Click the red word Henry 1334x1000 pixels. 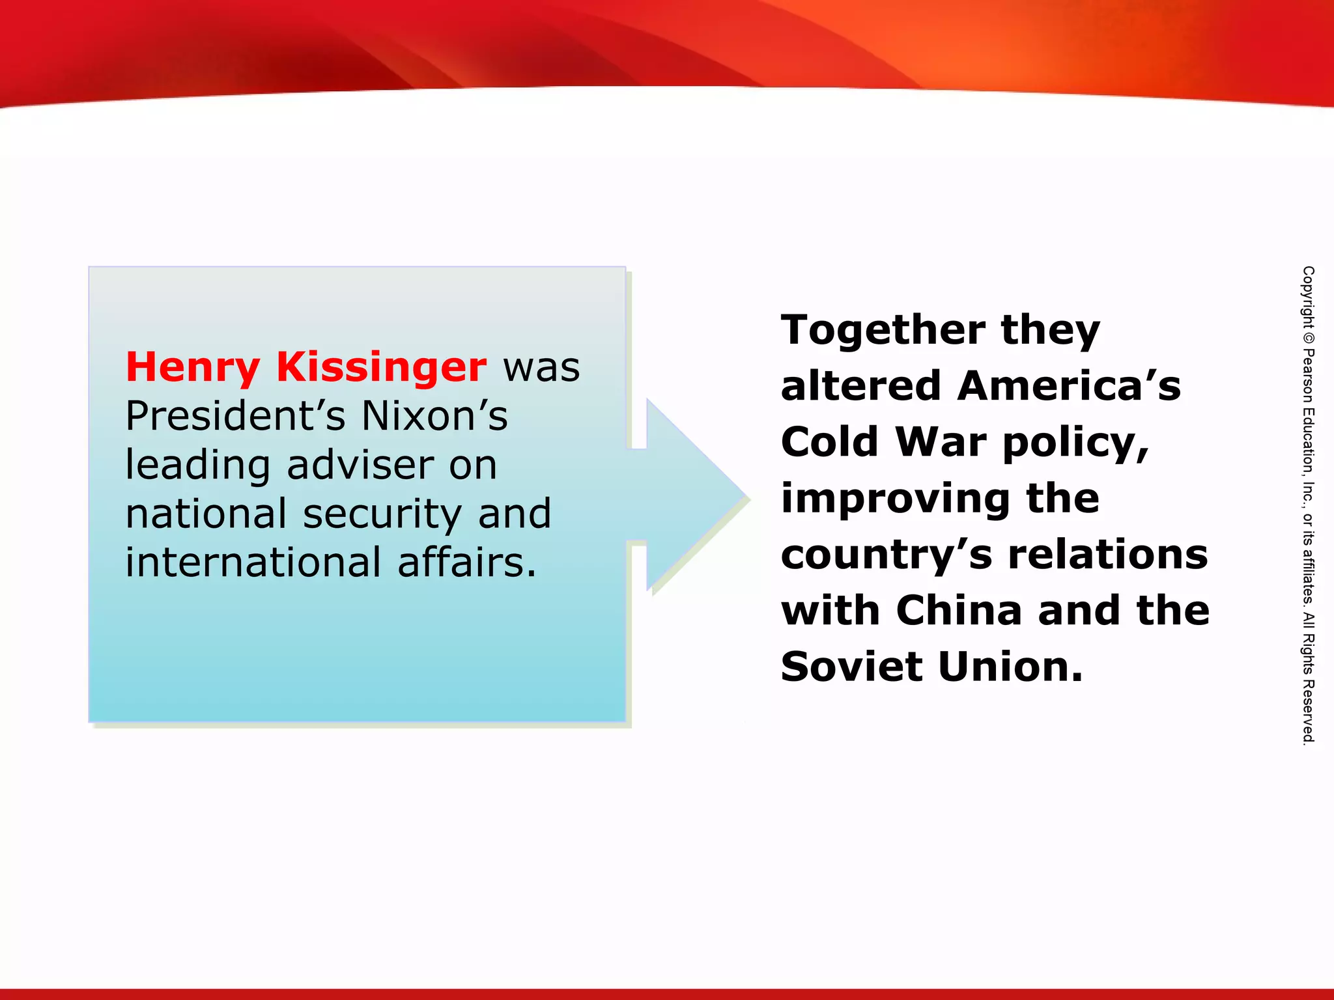[193, 368]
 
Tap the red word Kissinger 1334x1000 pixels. [381, 368]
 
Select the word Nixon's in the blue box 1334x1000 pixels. [434, 417]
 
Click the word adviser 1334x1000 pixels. [360, 465]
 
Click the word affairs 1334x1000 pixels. [466, 563]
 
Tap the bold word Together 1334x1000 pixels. [883, 331]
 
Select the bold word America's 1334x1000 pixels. [1068, 387]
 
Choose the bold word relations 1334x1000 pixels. [1107, 555]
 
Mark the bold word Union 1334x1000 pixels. [1010, 667]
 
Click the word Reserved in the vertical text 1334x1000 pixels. [1308, 712]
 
